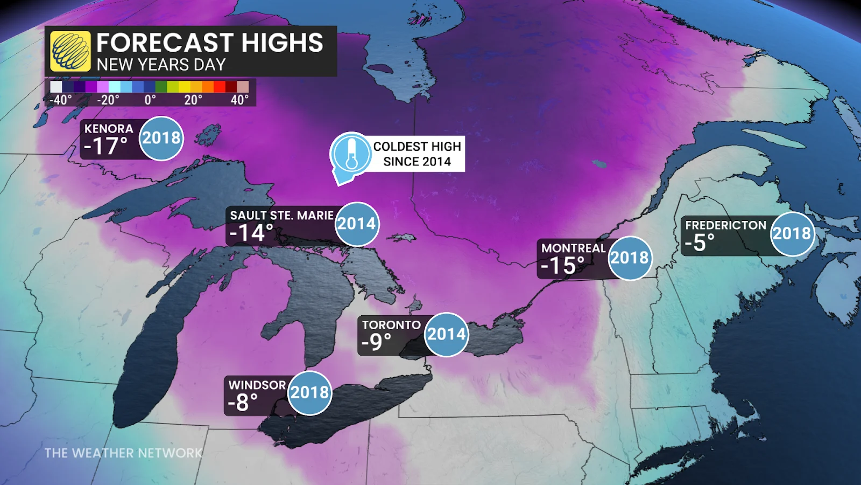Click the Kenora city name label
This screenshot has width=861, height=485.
coord(109,129)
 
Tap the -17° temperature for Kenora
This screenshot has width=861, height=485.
coord(106,147)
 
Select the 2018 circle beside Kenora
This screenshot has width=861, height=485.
coord(161,138)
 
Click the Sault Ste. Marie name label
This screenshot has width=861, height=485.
coord(281,216)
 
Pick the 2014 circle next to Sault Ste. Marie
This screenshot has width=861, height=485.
coord(357,224)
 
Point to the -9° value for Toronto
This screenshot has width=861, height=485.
coord(376,342)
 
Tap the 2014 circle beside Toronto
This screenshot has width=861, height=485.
coord(446,335)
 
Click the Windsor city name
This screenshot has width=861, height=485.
coord(257,385)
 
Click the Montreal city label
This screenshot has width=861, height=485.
coord(574,248)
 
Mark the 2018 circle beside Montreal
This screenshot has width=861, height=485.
coord(629,258)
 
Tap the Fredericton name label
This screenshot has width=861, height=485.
coord(725,225)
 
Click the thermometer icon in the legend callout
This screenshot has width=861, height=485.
coord(351,154)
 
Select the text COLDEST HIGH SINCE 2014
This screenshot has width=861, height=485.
coord(417,154)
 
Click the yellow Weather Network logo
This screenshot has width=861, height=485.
coord(70,51)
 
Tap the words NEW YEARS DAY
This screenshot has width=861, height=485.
coord(161,65)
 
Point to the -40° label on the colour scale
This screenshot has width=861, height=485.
coord(60,100)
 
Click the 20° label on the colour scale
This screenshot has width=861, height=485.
coord(193,100)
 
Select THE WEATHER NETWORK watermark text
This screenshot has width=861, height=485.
coord(123,453)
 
